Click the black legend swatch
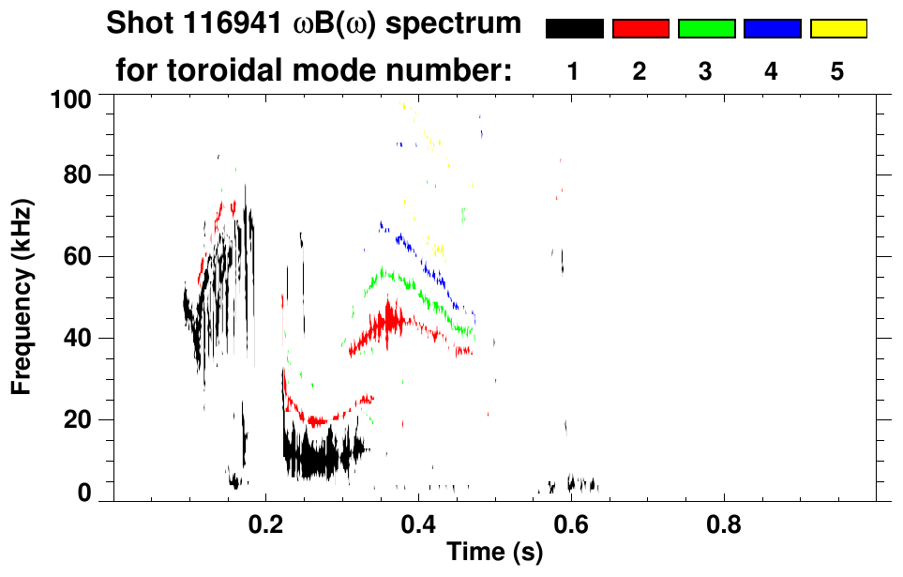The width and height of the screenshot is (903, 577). point(574,29)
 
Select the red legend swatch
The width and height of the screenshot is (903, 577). point(640,29)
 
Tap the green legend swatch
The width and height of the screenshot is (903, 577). point(706,29)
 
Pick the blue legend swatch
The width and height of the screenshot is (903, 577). point(772,29)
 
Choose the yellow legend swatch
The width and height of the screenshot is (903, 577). point(837,29)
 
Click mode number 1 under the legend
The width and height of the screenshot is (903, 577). point(573,73)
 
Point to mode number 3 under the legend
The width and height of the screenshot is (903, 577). point(705,73)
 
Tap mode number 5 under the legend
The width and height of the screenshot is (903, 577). point(837,73)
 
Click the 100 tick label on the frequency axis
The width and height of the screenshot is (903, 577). point(70,98)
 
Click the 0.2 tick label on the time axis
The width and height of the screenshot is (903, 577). point(266,523)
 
